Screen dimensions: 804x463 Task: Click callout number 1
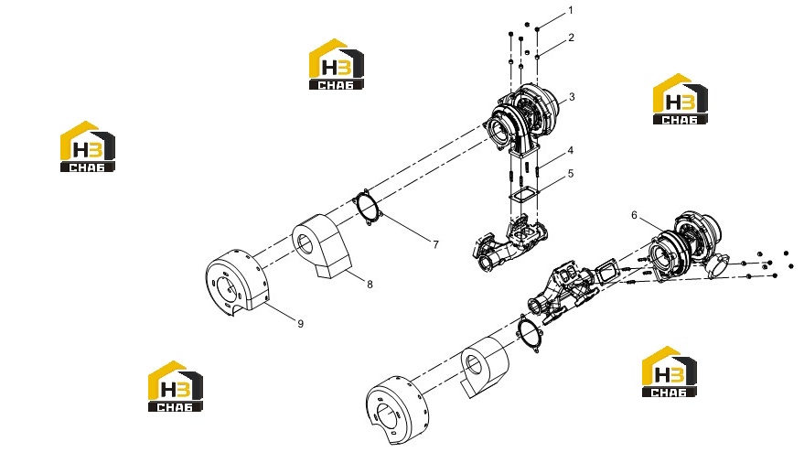coord(571,10)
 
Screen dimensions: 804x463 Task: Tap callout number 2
coord(571,38)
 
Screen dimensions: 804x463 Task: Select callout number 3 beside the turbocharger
coord(572,97)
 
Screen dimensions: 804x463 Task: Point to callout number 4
coord(570,150)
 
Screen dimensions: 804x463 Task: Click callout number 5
coord(571,174)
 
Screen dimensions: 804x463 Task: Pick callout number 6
coord(634,215)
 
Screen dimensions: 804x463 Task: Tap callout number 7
coord(435,244)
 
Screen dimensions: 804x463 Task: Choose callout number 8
coord(370,284)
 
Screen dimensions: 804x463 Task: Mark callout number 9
coord(301,324)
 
